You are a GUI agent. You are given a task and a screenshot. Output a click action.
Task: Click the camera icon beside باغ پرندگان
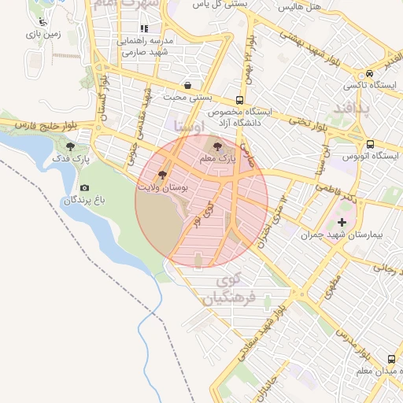pos(84,187)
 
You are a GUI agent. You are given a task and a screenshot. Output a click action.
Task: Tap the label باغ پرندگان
pos(84,201)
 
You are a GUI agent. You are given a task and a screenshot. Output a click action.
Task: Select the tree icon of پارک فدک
pos(71,146)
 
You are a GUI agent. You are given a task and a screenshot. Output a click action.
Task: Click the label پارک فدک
pos(71,159)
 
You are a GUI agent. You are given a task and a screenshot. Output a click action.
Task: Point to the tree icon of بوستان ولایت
pos(163,175)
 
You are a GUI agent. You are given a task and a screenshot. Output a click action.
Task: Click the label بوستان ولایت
pos(163,187)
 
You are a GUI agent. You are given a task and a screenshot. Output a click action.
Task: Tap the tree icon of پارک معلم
pos(216,146)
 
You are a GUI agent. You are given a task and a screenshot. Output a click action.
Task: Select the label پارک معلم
pos(216,159)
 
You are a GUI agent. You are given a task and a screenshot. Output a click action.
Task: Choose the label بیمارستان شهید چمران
pos(342,235)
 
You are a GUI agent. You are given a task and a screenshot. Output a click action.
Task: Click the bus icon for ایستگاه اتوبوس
pos(370,144)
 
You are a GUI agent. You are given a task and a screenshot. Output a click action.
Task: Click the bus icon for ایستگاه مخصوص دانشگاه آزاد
pos(238,100)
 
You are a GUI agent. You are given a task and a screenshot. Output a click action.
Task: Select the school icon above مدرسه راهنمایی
pos(144,28)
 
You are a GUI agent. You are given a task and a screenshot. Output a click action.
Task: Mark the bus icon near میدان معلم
pos(392,359)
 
